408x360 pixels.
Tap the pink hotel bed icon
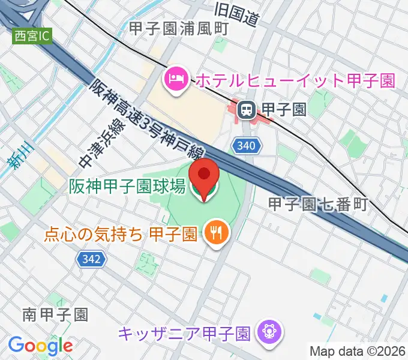pos(175,79)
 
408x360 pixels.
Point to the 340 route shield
pos(248,145)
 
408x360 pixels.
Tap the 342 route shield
pos(92,259)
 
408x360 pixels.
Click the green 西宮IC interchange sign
pos(32,36)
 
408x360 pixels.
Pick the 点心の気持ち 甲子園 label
pos(121,232)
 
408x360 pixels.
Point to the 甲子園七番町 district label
pos(317,204)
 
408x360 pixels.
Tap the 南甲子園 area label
pos(56,314)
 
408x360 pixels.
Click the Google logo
pos(40,346)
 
